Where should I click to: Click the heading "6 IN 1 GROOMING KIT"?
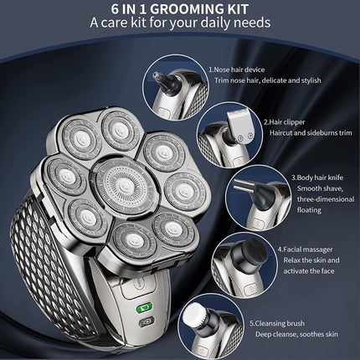pyautogui.click(x=179, y=10)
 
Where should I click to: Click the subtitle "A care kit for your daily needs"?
pyautogui.click(x=179, y=25)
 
